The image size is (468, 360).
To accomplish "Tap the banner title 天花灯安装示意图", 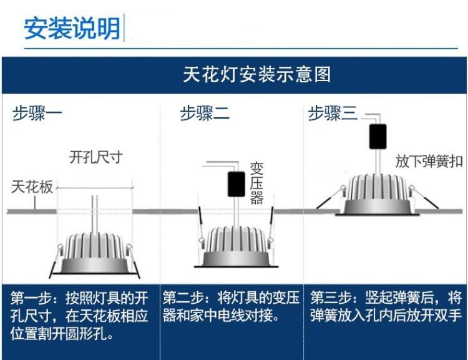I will coord(256,75).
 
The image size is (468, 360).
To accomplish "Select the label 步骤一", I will coord(37,114).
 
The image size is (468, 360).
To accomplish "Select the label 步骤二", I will coord(205,114).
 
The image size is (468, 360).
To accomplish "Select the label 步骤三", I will coord(333,114).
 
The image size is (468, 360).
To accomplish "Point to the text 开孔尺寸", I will coord(95,157).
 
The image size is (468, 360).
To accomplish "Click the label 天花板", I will coord(32,187).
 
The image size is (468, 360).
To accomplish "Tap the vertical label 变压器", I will coord(256,183).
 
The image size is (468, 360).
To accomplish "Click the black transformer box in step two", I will coord(236,183).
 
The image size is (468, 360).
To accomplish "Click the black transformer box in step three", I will coord(378,136).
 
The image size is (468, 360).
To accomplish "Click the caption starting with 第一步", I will coord(80,316).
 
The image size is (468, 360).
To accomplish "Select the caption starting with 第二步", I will coord(231,306).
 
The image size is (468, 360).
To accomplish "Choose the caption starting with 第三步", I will coord(386,306).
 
